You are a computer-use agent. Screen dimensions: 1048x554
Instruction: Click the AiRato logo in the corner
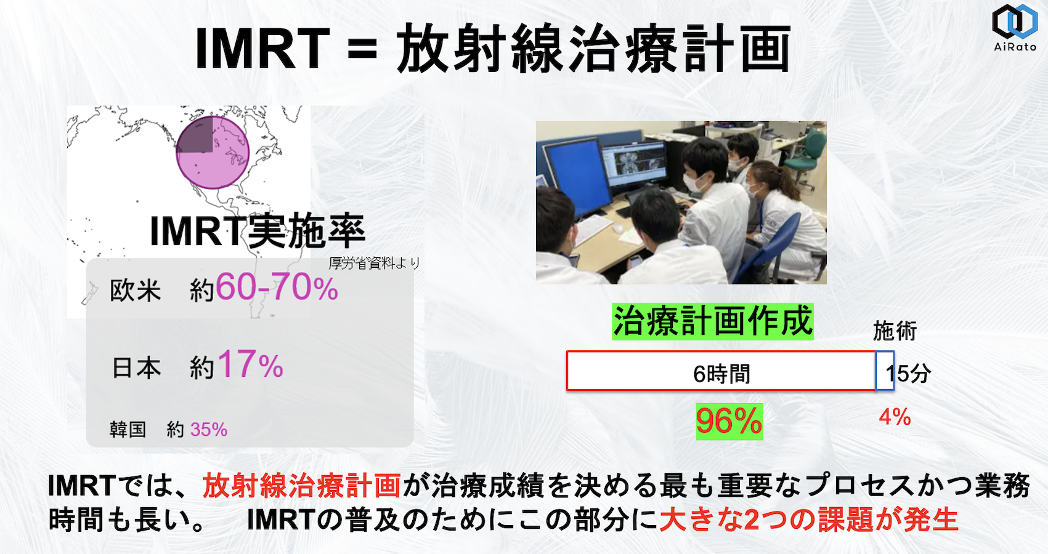click(1015, 27)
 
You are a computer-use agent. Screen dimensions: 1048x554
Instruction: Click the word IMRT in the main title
click(262, 49)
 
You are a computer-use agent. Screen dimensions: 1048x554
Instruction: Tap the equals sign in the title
click(362, 49)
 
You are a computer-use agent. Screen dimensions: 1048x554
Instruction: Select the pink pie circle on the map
click(213, 153)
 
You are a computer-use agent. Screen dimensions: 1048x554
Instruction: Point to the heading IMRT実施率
click(258, 231)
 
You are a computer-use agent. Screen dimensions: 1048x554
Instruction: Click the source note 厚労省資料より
click(375, 263)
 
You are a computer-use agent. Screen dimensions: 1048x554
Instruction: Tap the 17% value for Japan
click(251, 364)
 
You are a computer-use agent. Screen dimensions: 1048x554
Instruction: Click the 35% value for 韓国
click(209, 430)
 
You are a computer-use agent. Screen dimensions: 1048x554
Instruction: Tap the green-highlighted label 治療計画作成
click(713, 322)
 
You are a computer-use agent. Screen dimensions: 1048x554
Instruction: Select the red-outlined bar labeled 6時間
click(721, 371)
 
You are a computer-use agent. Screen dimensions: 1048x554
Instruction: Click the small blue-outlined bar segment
click(885, 371)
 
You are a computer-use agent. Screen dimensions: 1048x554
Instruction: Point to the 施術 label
click(895, 331)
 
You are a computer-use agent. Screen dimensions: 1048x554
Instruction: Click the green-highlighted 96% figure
click(729, 421)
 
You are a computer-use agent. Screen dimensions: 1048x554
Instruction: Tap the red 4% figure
click(895, 417)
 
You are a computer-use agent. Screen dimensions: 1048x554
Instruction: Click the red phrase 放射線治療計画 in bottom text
click(302, 486)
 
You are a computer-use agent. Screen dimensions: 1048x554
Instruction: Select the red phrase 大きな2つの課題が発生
click(809, 520)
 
